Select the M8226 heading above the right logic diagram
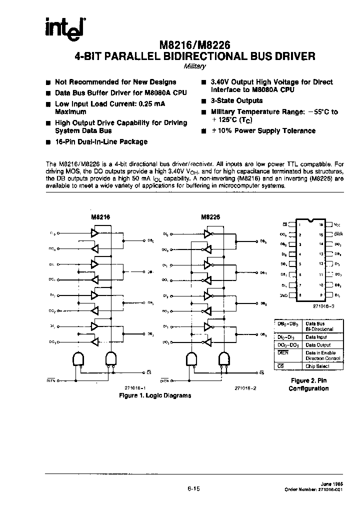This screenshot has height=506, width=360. pos(210,217)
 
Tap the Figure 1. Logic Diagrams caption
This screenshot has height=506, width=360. pos(154,395)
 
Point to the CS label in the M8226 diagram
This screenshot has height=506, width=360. pos(262,373)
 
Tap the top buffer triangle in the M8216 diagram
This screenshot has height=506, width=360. pos(95,232)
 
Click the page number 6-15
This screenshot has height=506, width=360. pos(193,490)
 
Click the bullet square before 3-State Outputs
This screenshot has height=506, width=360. pos(203,101)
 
